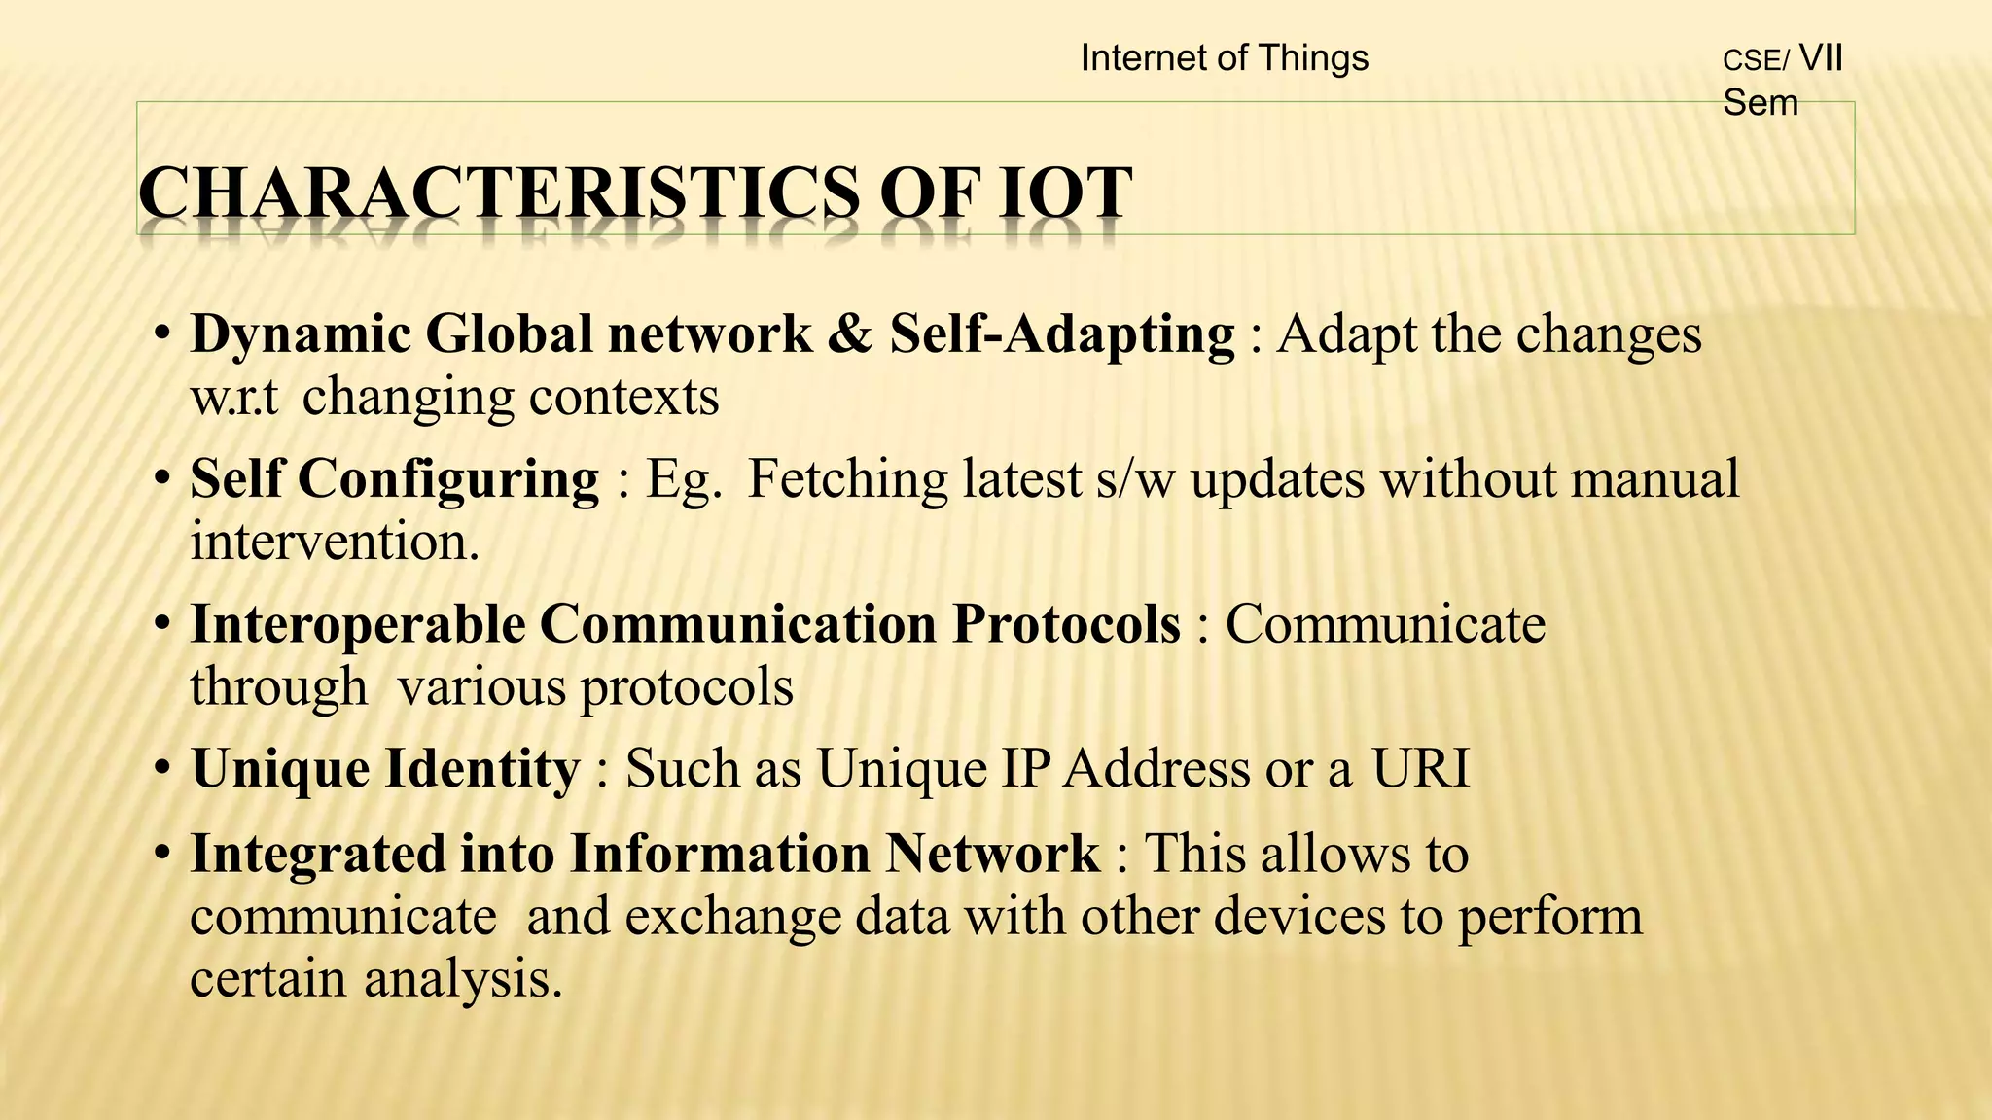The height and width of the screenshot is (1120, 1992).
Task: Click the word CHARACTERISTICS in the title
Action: (499, 192)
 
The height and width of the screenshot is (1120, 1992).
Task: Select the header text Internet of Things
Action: (1224, 58)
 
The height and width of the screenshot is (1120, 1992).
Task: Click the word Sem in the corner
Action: (1760, 102)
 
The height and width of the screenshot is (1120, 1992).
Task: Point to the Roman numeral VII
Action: (1821, 58)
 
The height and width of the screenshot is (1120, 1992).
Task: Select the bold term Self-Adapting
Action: (1061, 335)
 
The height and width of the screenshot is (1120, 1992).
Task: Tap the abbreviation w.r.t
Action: (233, 398)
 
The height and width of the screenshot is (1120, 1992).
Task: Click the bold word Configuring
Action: (448, 480)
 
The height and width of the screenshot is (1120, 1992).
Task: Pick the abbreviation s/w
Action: (1135, 480)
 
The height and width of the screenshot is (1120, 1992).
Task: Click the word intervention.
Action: (334, 542)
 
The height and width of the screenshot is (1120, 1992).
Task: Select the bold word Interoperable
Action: (357, 625)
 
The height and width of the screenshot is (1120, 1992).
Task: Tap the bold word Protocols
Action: (1066, 625)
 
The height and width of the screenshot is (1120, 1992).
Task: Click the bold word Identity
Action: (482, 769)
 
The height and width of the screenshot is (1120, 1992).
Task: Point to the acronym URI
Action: (1420, 769)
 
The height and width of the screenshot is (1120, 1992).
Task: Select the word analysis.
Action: (463, 979)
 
